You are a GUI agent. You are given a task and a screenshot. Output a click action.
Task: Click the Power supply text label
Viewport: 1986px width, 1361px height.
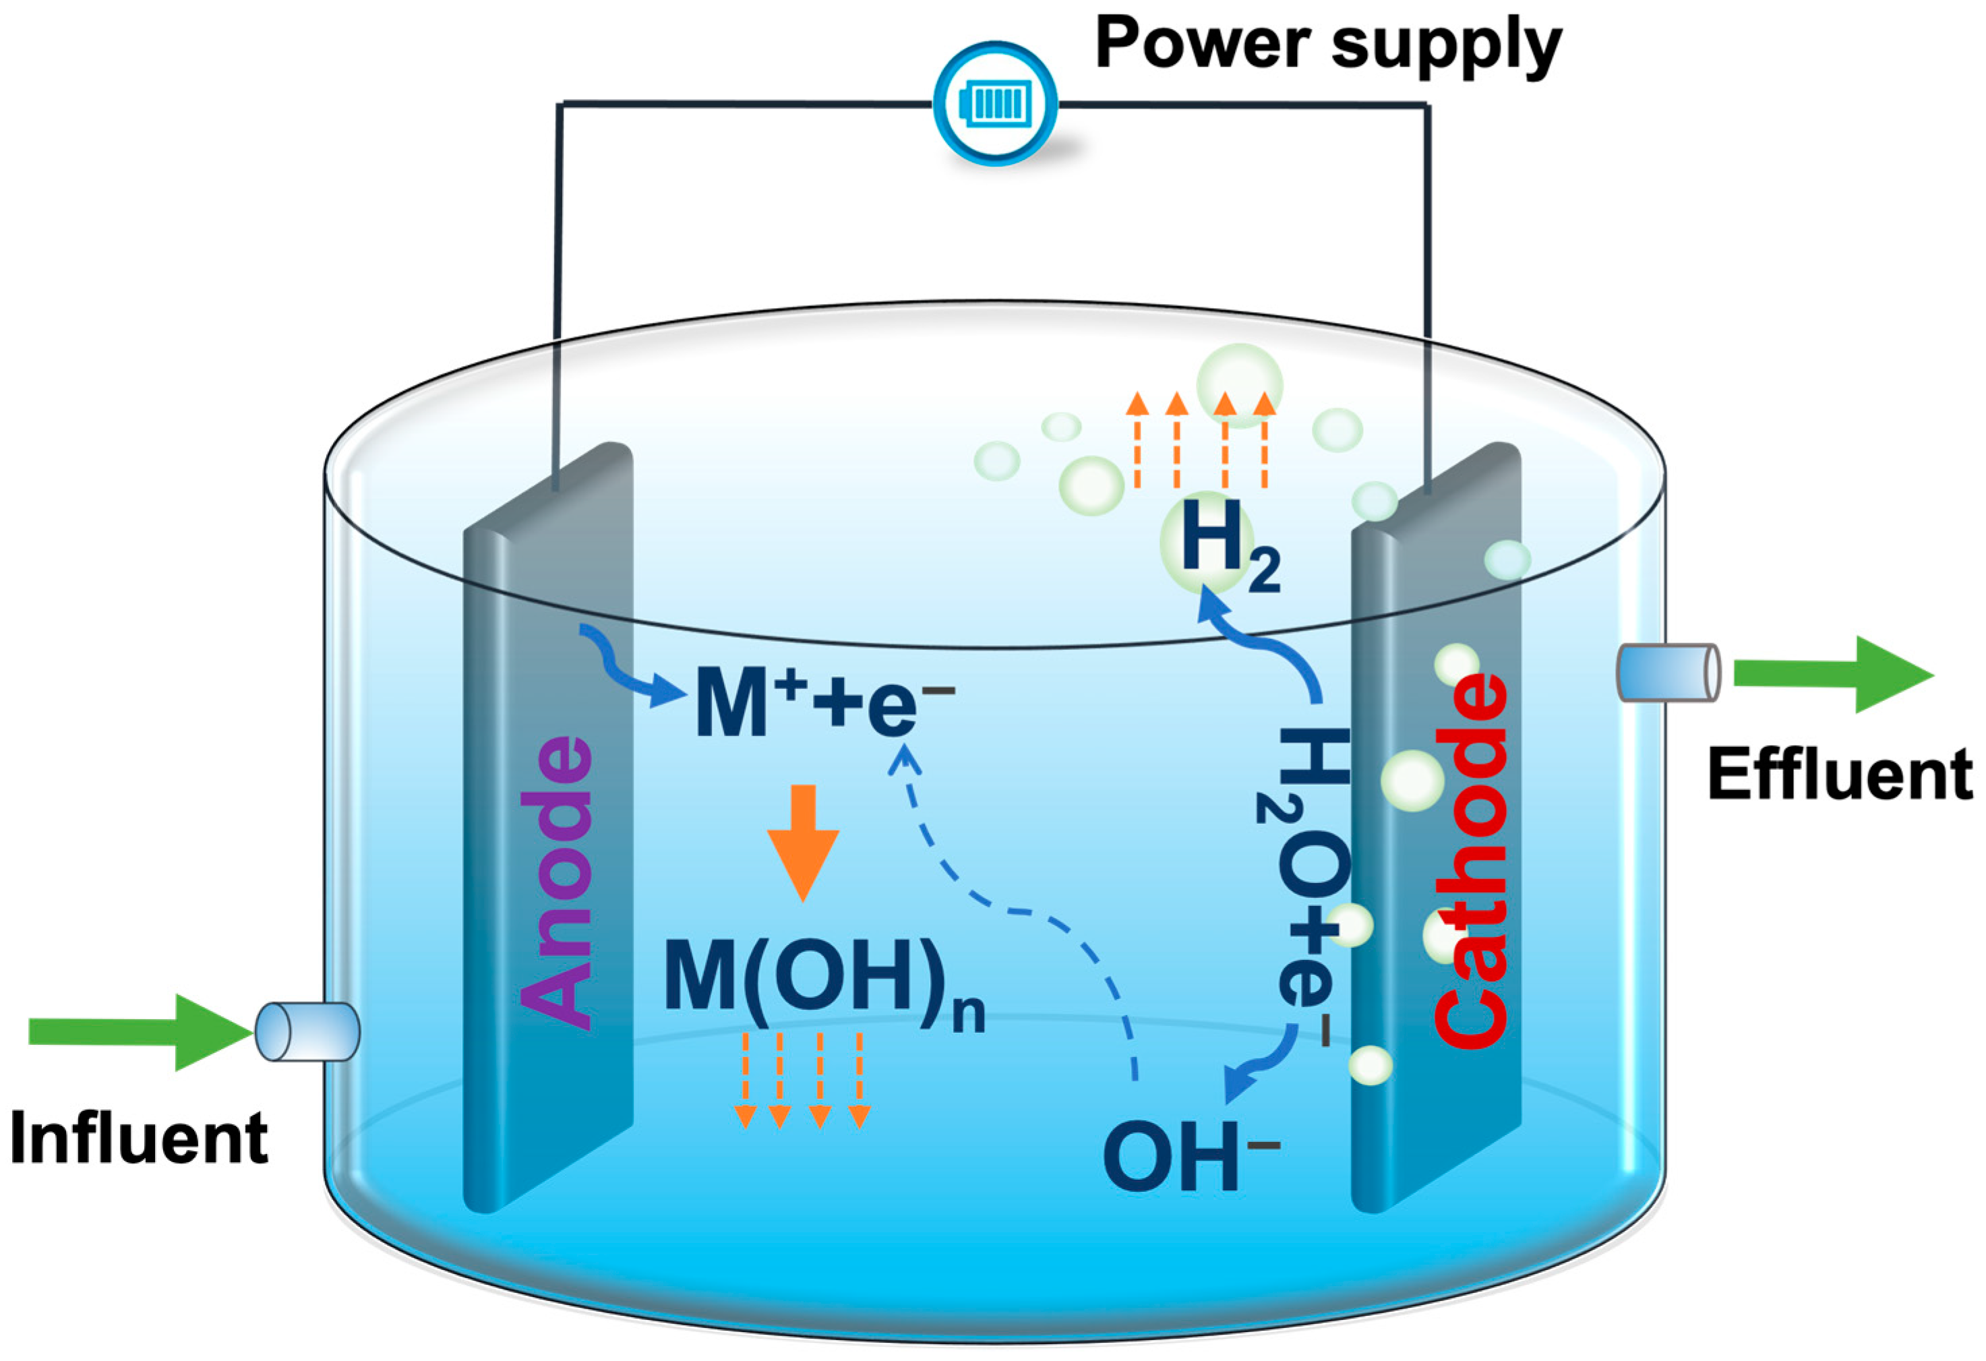tap(1328, 44)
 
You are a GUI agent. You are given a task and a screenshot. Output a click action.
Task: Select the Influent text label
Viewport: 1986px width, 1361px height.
tap(140, 1139)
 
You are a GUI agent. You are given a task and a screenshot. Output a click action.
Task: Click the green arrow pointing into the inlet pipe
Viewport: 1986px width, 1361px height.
tap(137, 1031)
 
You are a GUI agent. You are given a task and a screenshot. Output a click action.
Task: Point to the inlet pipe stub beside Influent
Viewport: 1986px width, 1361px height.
tap(307, 1032)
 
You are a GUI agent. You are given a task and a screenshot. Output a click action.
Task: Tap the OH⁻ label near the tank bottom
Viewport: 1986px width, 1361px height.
tap(1188, 1157)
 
